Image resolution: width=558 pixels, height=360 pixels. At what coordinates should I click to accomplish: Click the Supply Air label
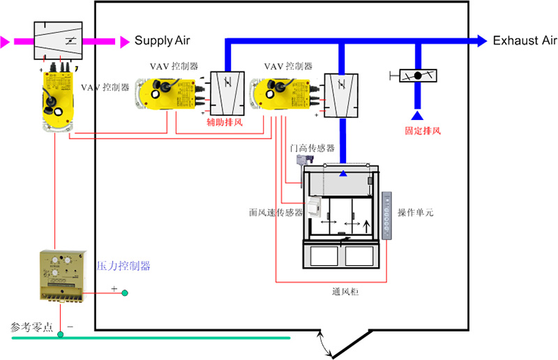(x=162, y=41)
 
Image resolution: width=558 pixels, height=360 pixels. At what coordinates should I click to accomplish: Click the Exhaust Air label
(x=525, y=41)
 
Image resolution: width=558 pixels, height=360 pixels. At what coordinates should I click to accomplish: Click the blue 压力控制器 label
(x=123, y=266)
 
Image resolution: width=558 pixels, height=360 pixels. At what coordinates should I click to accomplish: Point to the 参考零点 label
(x=31, y=327)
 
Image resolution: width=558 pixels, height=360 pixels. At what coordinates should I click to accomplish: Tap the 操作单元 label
(x=415, y=212)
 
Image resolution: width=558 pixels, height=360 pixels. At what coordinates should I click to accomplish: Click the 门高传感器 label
(x=312, y=149)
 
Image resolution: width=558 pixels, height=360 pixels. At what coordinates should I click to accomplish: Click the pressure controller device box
(x=63, y=275)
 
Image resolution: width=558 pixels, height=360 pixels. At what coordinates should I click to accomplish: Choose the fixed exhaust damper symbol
(x=417, y=75)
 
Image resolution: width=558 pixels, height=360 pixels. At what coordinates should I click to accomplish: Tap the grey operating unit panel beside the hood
(x=388, y=216)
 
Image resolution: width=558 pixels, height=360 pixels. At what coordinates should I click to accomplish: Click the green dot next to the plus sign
(x=126, y=293)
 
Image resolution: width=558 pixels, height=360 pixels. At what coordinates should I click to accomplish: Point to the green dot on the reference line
(x=61, y=336)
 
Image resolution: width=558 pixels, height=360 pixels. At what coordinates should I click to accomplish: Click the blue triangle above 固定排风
(x=417, y=114)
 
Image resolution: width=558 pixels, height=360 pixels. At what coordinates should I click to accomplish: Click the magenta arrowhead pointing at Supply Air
(x=125, y=42)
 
